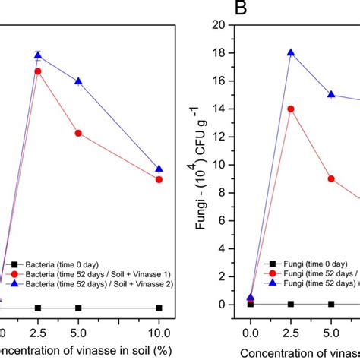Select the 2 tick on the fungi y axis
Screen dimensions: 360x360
pos(234,276)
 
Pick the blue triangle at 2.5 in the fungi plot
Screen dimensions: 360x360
pos(290,53)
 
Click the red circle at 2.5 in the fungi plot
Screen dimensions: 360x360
pos(290,109)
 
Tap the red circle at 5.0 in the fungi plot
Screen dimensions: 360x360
pos(331,178)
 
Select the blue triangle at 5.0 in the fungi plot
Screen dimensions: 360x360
pos(331,95)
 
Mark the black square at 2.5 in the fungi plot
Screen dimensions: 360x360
pos(290,304)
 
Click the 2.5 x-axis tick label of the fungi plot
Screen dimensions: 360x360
pos(290,332)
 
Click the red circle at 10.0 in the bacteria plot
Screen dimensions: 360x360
pos(159,179)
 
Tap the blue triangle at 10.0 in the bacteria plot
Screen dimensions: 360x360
pos(159,169)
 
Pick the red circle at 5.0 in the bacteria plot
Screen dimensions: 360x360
pos(78,133)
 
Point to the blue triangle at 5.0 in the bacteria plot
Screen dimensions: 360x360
pos(78,81)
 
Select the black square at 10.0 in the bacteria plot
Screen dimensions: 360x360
pos(159,308)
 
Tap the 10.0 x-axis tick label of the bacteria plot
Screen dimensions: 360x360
pos(159,332)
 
